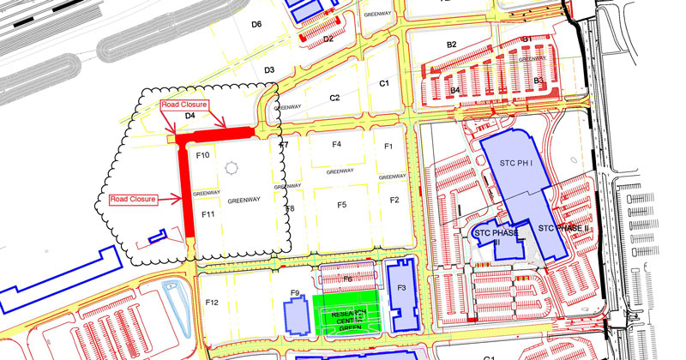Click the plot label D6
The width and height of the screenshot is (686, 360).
click(x=256, y=24)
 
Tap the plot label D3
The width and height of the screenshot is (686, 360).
click(x=269, y=70)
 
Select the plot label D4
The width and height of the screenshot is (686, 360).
click(x=190, y=115)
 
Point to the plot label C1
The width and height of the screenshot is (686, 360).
click(x=384, y=83)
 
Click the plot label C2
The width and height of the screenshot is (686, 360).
click(x=335, y=99)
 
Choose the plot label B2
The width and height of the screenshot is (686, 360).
click(x=452, y=45)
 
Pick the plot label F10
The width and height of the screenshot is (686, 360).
click(x=203, y=155)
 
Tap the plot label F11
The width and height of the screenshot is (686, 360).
click(x=208, y=213)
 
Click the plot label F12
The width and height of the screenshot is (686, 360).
click(x=213, y=303)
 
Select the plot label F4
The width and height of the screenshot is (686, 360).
click(x=337, y=144)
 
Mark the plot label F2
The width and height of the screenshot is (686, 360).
click(x=394, y=200)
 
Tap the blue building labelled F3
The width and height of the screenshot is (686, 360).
click(x=400, y=288)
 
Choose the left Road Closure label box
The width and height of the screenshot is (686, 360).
click(x=133, y=199)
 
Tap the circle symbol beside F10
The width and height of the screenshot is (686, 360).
click(x=229, y=168)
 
